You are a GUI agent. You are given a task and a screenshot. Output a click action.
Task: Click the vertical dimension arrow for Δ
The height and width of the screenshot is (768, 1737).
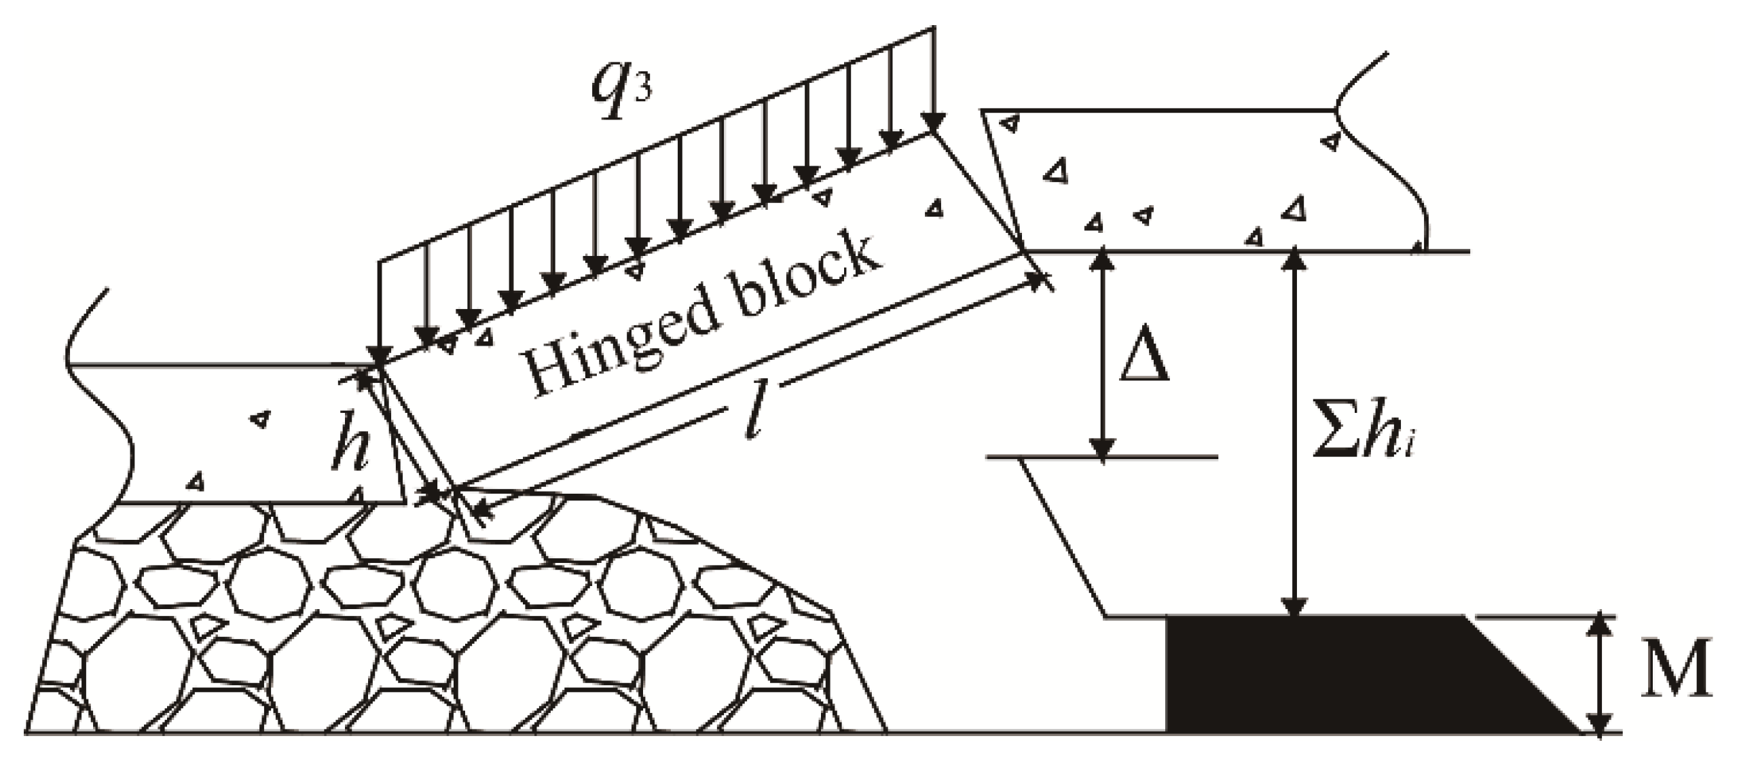(1102, 353)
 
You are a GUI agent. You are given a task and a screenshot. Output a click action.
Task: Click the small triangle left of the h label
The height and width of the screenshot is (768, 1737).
(258, 420)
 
